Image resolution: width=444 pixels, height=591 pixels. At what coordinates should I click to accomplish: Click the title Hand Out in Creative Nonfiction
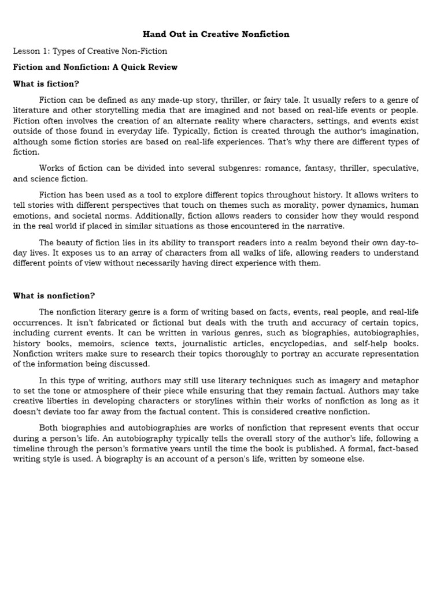[216, 34]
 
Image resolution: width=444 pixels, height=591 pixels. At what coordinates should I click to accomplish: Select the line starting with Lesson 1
[90, 51]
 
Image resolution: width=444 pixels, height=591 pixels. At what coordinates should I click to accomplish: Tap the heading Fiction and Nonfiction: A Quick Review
[95, 67]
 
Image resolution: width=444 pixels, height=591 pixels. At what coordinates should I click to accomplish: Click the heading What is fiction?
[46, 84]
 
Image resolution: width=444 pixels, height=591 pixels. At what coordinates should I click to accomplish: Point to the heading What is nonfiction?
[54, 295]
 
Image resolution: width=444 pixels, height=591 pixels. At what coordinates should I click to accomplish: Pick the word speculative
[395, 168]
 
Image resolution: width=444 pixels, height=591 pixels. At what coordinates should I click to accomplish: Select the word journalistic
[219, 343]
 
